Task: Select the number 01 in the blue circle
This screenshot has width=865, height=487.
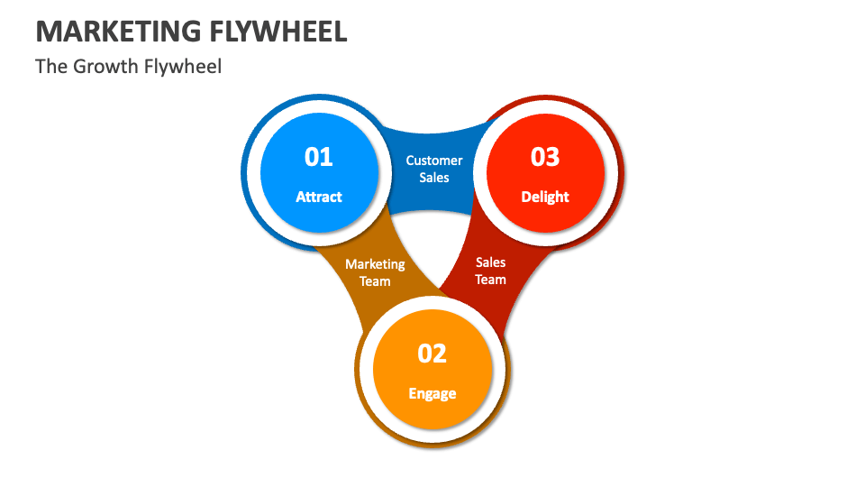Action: tap(319, 157)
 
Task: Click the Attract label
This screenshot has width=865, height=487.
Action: tap(319, 197)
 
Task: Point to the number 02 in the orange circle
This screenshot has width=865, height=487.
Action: tap(432, 354)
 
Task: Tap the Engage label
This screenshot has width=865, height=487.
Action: tap(432, 393)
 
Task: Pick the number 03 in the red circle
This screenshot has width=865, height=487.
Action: tap(545, 157)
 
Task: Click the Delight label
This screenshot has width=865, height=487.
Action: tap(545, 197)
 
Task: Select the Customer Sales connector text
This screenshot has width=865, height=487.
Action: tap(434, 169)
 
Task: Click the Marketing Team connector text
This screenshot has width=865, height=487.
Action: tap(375, 272)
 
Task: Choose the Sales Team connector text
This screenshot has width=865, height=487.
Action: tap(491, 271)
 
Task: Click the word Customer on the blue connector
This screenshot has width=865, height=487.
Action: tap(434, 161)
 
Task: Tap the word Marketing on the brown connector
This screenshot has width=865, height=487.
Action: tap(375, 264)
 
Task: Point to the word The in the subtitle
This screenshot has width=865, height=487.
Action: tap(50, 66)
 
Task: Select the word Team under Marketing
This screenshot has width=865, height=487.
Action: tap(375, 281)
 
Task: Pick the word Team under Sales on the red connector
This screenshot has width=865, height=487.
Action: tap(491, 280)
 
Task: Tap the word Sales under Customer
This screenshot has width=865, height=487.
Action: tap(434, 178)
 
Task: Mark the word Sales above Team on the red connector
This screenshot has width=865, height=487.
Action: tap(491, 262)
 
